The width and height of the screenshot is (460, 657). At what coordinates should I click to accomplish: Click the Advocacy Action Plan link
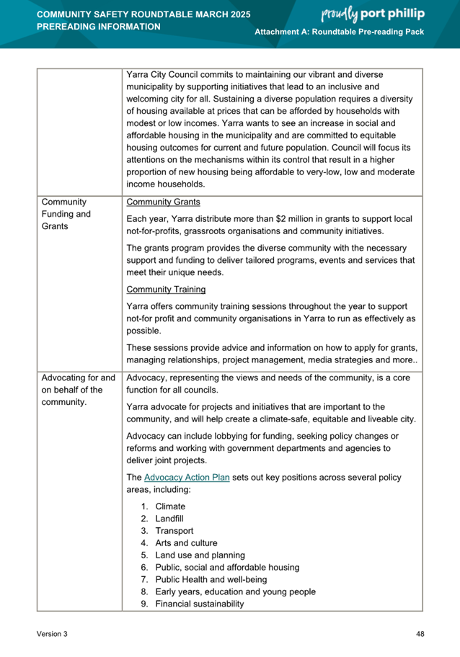pos(187,478)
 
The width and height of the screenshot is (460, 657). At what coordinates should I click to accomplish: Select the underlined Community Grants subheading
pos(163,202)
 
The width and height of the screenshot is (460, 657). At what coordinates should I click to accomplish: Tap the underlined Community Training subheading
pos(166,290)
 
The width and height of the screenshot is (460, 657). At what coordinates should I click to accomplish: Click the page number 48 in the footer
pos(420,634)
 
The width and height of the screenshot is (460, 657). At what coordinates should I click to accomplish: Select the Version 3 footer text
pos(52,634)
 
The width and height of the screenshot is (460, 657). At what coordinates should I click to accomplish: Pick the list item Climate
pos(170,506)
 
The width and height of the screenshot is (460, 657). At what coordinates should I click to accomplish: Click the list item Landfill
pos(171,519)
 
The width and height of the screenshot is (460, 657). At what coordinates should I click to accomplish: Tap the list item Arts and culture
pos(186,543)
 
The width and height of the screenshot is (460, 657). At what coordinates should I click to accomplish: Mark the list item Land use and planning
pos(200,555)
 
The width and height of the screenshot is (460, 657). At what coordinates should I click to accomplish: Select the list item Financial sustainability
pos(199,604)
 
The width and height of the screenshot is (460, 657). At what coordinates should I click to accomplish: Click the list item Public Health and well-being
pos(211,580)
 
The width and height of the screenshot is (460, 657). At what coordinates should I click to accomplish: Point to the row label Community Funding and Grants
pos(66,214)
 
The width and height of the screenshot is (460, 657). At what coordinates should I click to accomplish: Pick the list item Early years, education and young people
pos(235,592)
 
